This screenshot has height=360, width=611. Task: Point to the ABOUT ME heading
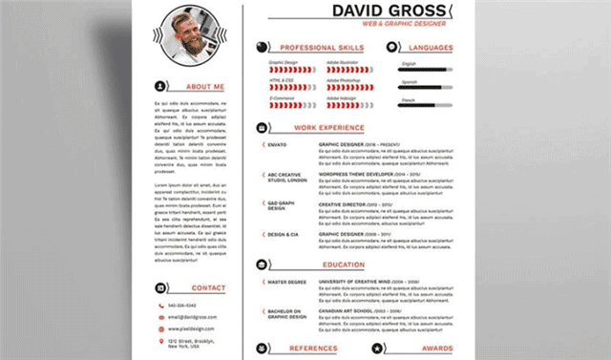click(x=206, y=87)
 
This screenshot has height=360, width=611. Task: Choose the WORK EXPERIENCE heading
click(x=328, y=126)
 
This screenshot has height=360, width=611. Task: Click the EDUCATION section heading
click(x=343, y=265)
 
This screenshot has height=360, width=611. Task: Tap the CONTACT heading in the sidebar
click(x=208, y=286)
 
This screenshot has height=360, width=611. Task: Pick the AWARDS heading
click(x=436, y=349)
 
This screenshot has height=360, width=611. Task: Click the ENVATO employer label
click(x=278, y=143)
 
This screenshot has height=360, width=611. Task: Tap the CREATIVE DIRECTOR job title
click(x=343, y=204)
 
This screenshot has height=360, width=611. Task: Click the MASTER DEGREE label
click(x=285, y=282)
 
